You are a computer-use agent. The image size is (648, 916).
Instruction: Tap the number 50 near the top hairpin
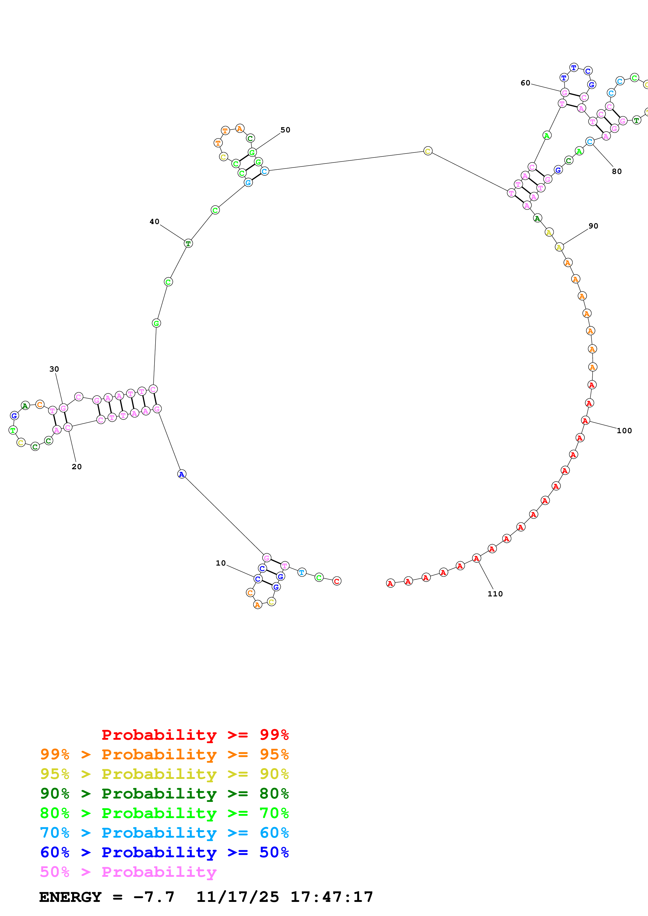pyautogui.click(x=285, y=130)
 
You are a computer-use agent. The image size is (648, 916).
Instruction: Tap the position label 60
pyautogui.click(x=525, y=83)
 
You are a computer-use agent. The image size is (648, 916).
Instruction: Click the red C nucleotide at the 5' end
pyautogui.click(x=337, y=581)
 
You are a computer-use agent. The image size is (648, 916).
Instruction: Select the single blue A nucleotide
pyautogui.click(x=182, y=474)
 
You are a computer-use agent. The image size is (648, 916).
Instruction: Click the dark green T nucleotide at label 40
pyautogui.click(x=188, y=243)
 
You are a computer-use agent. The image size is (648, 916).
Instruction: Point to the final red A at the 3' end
pyautogui.click(x=390, y=584)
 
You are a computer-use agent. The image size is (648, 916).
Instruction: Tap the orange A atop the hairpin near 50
pyautogui.click(x=239, y=128)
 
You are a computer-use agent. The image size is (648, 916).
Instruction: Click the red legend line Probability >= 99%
pyautogui.click(x=195, y=735)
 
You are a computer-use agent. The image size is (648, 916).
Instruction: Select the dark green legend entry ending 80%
pyautogui.click(x=164, y=794)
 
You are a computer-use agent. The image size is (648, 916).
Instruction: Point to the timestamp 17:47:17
pyautogui.click(x=331, y=897)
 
